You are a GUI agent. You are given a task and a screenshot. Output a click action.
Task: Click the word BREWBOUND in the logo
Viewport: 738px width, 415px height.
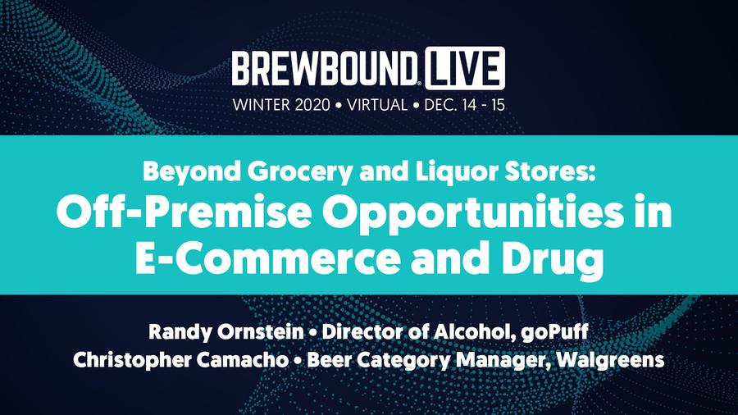tap(325, 69)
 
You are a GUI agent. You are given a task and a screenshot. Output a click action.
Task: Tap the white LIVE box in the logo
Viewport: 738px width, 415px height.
tap(465, 68)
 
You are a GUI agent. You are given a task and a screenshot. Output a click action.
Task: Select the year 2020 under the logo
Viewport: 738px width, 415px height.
tap(312, 104)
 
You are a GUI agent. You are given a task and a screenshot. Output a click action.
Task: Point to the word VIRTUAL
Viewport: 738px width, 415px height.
tap(377, 104)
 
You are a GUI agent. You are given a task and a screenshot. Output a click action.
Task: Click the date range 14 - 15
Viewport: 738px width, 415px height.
tap(484, 104)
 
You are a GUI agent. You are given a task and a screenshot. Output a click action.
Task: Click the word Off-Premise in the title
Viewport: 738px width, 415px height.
tap(184, 212)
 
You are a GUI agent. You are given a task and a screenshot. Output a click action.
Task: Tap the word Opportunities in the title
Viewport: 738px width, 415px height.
tap(472, 214)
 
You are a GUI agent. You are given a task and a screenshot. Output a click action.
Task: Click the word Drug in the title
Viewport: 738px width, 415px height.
tap(553, 260)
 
